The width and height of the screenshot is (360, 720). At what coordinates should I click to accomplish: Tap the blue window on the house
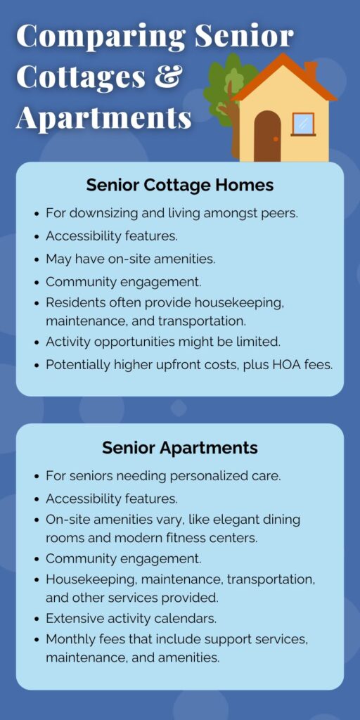click(x=303, y=124)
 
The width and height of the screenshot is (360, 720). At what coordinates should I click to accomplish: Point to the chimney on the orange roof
click(x=311, y=71)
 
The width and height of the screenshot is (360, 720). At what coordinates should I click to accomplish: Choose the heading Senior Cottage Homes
click(x=180, y=185)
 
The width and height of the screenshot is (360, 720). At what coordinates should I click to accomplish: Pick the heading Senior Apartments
click(x=180, y=448)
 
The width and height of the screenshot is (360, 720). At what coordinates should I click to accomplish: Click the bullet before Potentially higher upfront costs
click(x=37, y=366)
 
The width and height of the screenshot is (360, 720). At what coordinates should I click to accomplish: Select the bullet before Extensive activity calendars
click(x=37, y=619)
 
